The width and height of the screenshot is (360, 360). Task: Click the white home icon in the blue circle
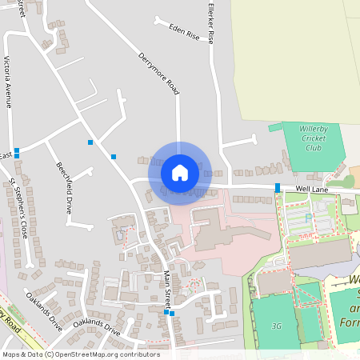tap(179, 172)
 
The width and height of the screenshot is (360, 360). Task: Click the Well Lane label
tap(311, 189)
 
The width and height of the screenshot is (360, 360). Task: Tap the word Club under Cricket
tap(314, 148)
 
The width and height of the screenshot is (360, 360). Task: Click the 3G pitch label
tap(277, 326)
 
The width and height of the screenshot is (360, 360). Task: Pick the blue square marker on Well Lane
tap(278, 187)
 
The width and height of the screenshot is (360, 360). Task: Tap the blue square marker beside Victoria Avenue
tap(16, 150)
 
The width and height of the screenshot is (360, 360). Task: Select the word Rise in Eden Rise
tap(192, 36)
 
